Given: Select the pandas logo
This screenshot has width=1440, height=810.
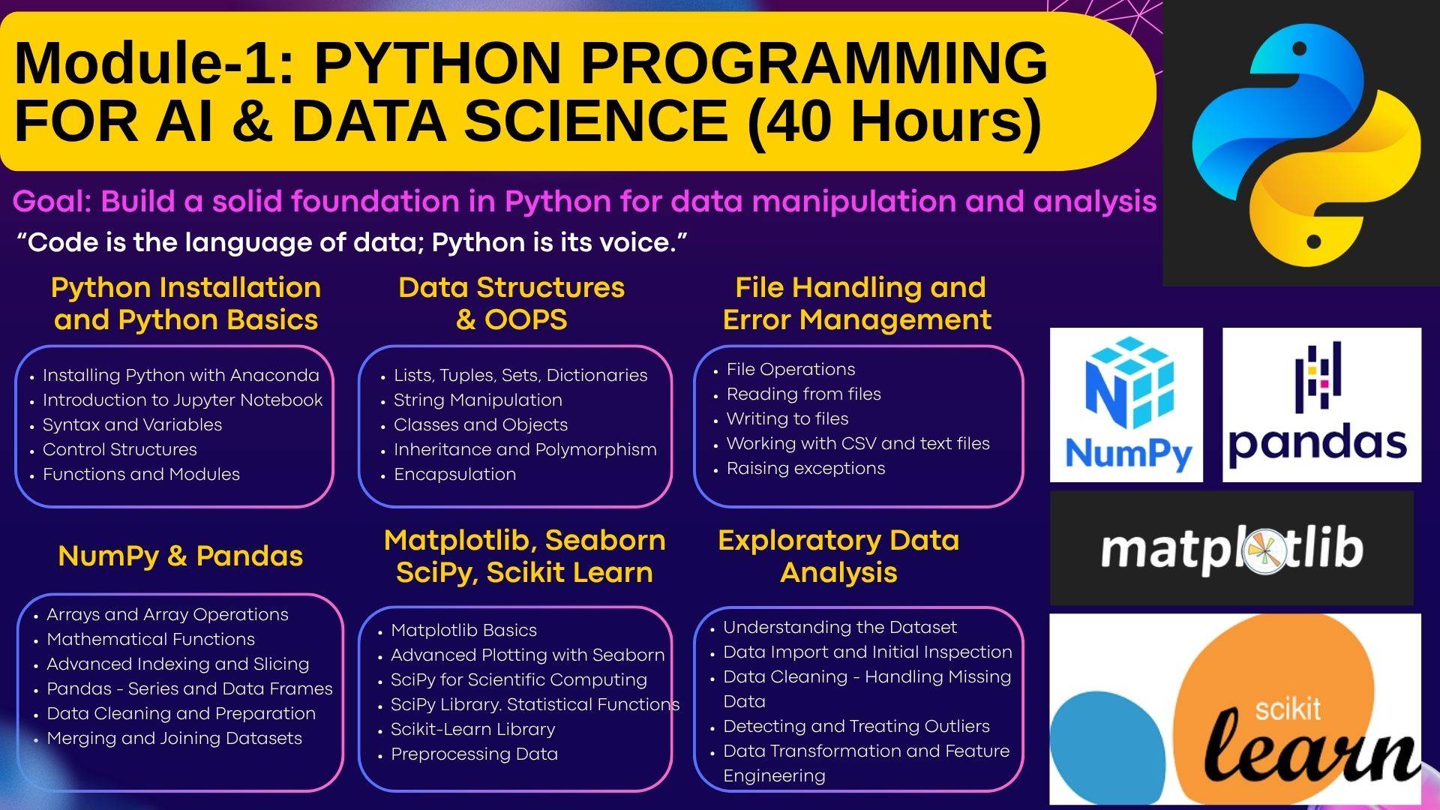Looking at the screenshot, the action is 1321,405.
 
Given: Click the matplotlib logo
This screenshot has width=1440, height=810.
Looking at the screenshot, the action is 1231,548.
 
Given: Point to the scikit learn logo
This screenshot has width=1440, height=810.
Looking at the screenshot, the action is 1235,709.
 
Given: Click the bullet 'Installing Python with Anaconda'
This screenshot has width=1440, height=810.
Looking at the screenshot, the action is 181,375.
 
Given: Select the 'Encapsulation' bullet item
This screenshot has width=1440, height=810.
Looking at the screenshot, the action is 454,474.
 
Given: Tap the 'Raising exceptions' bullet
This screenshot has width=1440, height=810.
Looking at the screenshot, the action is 805,468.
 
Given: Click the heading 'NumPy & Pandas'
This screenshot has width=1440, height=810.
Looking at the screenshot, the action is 181,556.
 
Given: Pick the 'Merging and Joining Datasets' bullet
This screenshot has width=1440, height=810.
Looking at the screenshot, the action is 174,738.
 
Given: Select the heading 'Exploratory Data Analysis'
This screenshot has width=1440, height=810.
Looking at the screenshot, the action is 838,556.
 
